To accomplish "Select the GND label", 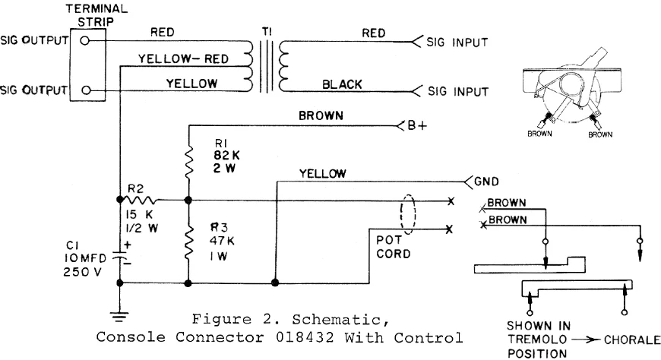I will point(486,182).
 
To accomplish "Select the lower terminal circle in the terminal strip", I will point(86,90).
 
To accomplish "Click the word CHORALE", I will point(629,341).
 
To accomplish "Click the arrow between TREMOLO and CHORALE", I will point(581,341).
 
